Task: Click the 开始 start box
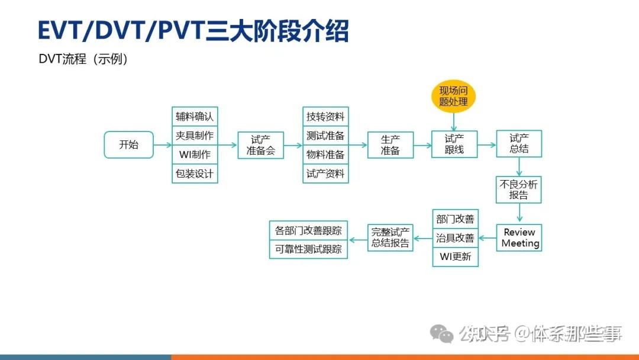(x=128, y=144)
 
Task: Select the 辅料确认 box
(x=195, y=116)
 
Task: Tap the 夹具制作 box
(x=195, y=135)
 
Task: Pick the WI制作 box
(x=195, y=155)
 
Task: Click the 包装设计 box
(x=195, y=174)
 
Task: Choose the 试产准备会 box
(x=261, y=145)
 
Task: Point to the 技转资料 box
(x=325, y=116)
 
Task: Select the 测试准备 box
(x=325, y=135)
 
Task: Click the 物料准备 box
(x=325, y=155)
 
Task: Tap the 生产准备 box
(x=390, y=145)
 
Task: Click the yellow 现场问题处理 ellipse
(x=454, y=96)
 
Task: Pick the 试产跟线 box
(x=454, y=144)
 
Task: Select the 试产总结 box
(x=519, y=144)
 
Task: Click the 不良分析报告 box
(x=519, y=189)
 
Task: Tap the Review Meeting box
(x=519, y=237)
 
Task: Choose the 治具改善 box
(x=455, y=238)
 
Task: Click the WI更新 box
(x=455, y=257)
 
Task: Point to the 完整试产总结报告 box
(x=390, y=238)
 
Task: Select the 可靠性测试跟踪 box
(x=308, y=249)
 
